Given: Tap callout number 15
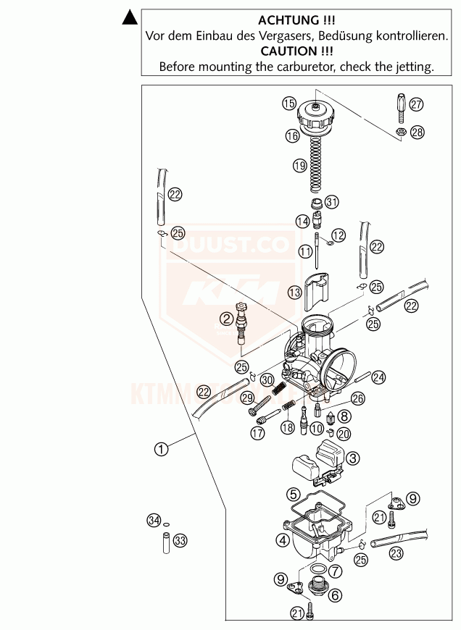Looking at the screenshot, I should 288,104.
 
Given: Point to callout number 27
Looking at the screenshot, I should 415,104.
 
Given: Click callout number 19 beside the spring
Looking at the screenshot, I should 280,166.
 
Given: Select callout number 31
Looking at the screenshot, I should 332,201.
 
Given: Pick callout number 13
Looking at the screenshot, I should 294,293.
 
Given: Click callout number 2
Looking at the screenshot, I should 227,319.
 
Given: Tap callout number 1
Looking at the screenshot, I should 161,449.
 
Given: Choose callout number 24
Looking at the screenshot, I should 378,377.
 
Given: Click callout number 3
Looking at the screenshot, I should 352,458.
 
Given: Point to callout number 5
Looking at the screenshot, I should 294,495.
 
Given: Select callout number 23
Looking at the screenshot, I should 396,554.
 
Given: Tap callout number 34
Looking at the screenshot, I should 152,520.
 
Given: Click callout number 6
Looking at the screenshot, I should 334,595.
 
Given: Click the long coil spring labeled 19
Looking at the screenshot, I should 316,167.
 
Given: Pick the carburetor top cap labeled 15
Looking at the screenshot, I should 317,116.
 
